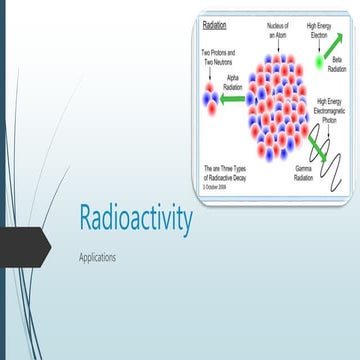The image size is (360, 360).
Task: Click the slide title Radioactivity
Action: coord(135,220)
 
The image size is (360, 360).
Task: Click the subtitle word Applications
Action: coord(97,257)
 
